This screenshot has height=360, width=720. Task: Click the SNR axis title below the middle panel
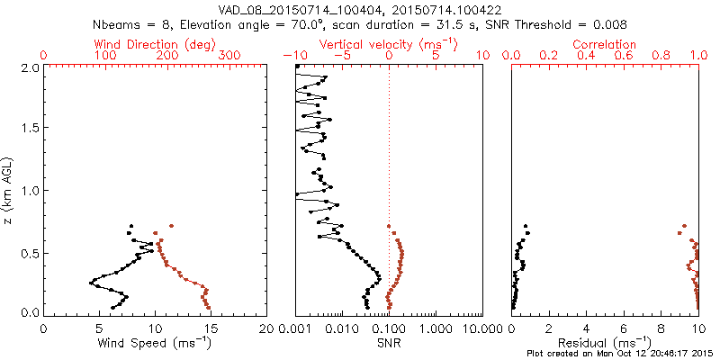(x=389, y=343)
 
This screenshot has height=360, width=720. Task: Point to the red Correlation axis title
(x=605, y=44)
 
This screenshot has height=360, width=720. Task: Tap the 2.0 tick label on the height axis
(x=31, y=67)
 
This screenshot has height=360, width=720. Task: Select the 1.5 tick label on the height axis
(x=31, y=129)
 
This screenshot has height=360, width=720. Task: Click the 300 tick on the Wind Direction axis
(x=229, y=56)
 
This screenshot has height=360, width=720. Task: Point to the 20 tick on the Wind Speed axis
(x=267, y=329)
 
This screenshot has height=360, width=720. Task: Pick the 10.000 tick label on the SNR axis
(x=481, y=329)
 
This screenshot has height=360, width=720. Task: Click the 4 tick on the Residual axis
(x=586, y=329)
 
